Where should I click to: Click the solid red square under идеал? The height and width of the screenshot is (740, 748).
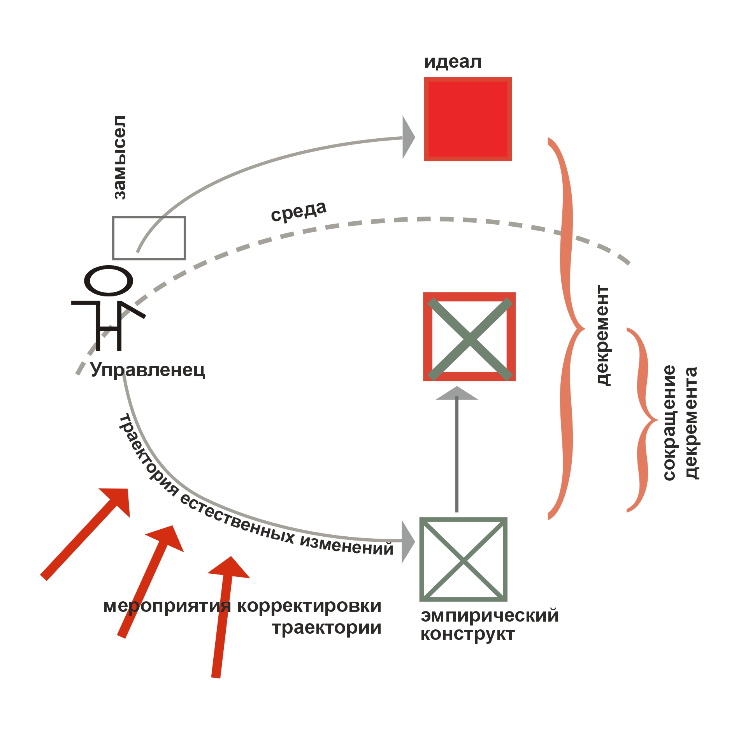point(468,119)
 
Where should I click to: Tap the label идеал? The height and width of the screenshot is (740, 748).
point(453,62)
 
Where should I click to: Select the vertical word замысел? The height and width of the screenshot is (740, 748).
point(119,157)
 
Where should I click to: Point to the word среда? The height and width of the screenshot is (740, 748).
point(298,211)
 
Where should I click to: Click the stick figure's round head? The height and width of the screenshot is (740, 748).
point(109,281)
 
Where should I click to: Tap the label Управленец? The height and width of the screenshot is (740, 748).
point(147,370)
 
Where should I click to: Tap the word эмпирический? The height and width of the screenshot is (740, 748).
point(490,616)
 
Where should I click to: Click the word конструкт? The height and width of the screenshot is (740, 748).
point(467,634)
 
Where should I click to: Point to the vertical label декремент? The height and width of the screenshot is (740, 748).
point(603,335)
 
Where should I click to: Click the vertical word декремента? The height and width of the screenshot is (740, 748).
point(692,423)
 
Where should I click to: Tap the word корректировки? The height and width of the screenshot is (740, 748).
point(309,606)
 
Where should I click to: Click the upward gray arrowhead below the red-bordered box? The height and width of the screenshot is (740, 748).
point(457,393)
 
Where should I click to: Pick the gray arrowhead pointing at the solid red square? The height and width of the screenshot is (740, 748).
point(409,137)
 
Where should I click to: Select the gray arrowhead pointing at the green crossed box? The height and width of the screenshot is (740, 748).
point(408,542)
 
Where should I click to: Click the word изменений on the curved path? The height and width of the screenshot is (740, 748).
point(346,544)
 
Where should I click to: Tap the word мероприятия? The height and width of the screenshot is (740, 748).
point(167,607)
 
